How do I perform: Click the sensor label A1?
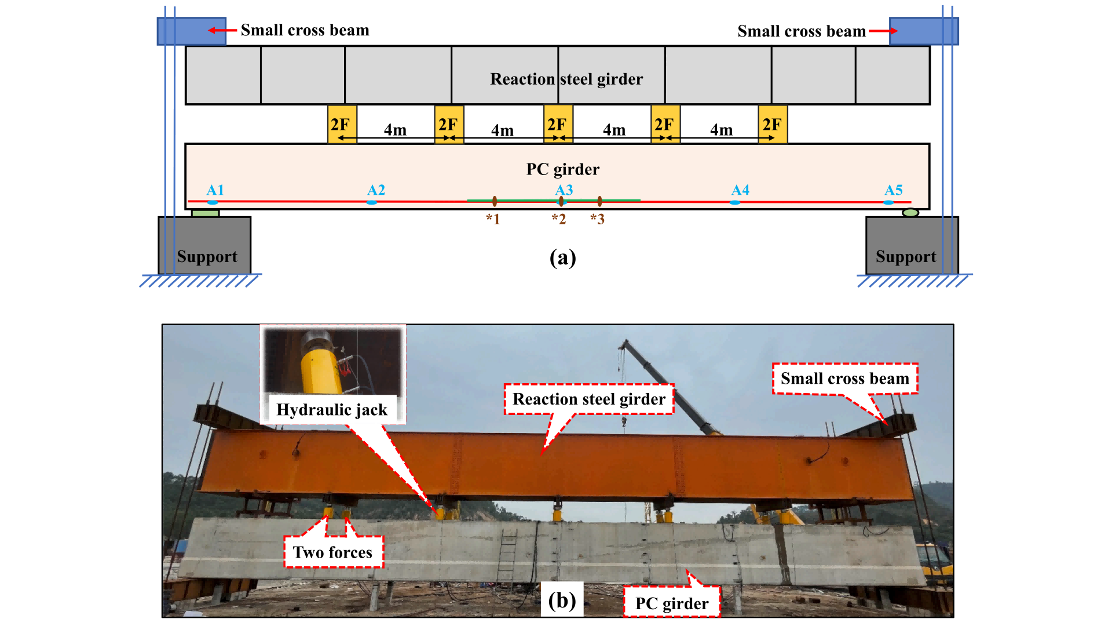pos(215,190)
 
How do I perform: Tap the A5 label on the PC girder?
pos(893,190)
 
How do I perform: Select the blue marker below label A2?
pos(372,202)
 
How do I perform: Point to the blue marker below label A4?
pos(734,202)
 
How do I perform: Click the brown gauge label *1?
pos(493,219)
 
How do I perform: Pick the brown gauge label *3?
pos(597,219)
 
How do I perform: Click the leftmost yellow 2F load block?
pos(342,124)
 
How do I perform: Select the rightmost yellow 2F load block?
pos(773,124)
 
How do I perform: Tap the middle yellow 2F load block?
pos(558,124)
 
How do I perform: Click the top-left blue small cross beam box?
pos(191,31)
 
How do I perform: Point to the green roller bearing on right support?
pos(910,213)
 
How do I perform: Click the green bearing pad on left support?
pos(205,213)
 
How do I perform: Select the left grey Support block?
pos(204,246)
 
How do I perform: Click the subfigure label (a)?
pos(562,257)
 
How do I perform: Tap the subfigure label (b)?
pos(562,600)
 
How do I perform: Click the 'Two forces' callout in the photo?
pos(332,552)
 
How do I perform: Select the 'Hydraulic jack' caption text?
pos(332,410)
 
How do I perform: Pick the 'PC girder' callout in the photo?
pos(672,603)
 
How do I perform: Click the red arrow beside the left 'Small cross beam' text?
pos(222,30)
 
